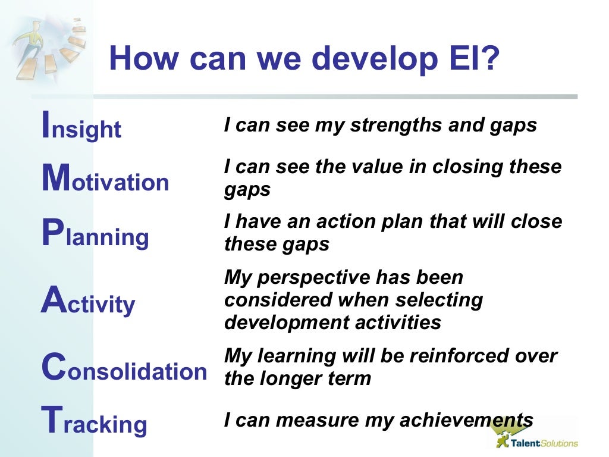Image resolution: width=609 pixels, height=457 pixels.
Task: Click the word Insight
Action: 81,126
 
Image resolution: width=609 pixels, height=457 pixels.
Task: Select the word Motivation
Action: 105,179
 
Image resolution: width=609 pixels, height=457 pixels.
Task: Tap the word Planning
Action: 95,234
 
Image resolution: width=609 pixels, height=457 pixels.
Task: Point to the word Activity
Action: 88,302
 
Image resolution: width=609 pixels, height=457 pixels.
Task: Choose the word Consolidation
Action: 124,370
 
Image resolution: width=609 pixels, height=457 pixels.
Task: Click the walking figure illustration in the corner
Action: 45,48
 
